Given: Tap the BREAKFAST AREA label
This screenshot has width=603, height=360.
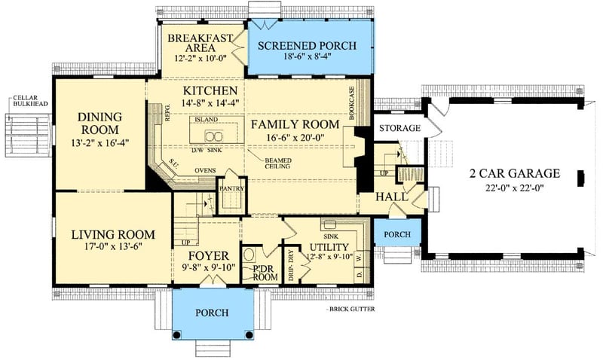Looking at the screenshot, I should click(200, 44).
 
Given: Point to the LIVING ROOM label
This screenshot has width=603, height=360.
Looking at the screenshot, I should click(113, 234).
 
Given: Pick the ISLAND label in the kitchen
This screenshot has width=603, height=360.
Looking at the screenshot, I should click(206, 121).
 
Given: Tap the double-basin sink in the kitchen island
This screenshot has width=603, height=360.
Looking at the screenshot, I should click(213, 136).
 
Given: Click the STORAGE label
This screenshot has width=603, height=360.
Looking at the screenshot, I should click(399, 128).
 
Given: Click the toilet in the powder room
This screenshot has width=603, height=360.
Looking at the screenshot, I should click(249, 255).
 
